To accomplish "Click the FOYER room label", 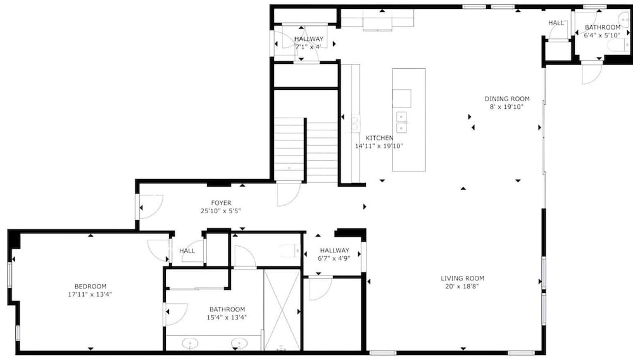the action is pos(221,203).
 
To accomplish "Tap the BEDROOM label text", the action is pos(91,287).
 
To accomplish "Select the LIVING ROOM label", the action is pos(462,278).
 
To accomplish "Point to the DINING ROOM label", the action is pos(507,99).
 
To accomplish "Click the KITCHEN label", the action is pos(379,138).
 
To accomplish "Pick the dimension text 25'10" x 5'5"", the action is pos(221,211).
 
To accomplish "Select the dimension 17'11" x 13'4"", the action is pos(90,295).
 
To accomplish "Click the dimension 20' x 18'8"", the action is pos(462,287).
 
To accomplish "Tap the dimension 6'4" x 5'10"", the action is pos(603,35).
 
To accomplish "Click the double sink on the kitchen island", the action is pos(401,122).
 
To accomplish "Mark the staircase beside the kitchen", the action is pos(306,149).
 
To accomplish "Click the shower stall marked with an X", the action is pos(282,309).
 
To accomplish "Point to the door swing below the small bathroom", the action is pos(592,73).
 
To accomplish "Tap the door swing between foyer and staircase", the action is pos(289,194).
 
